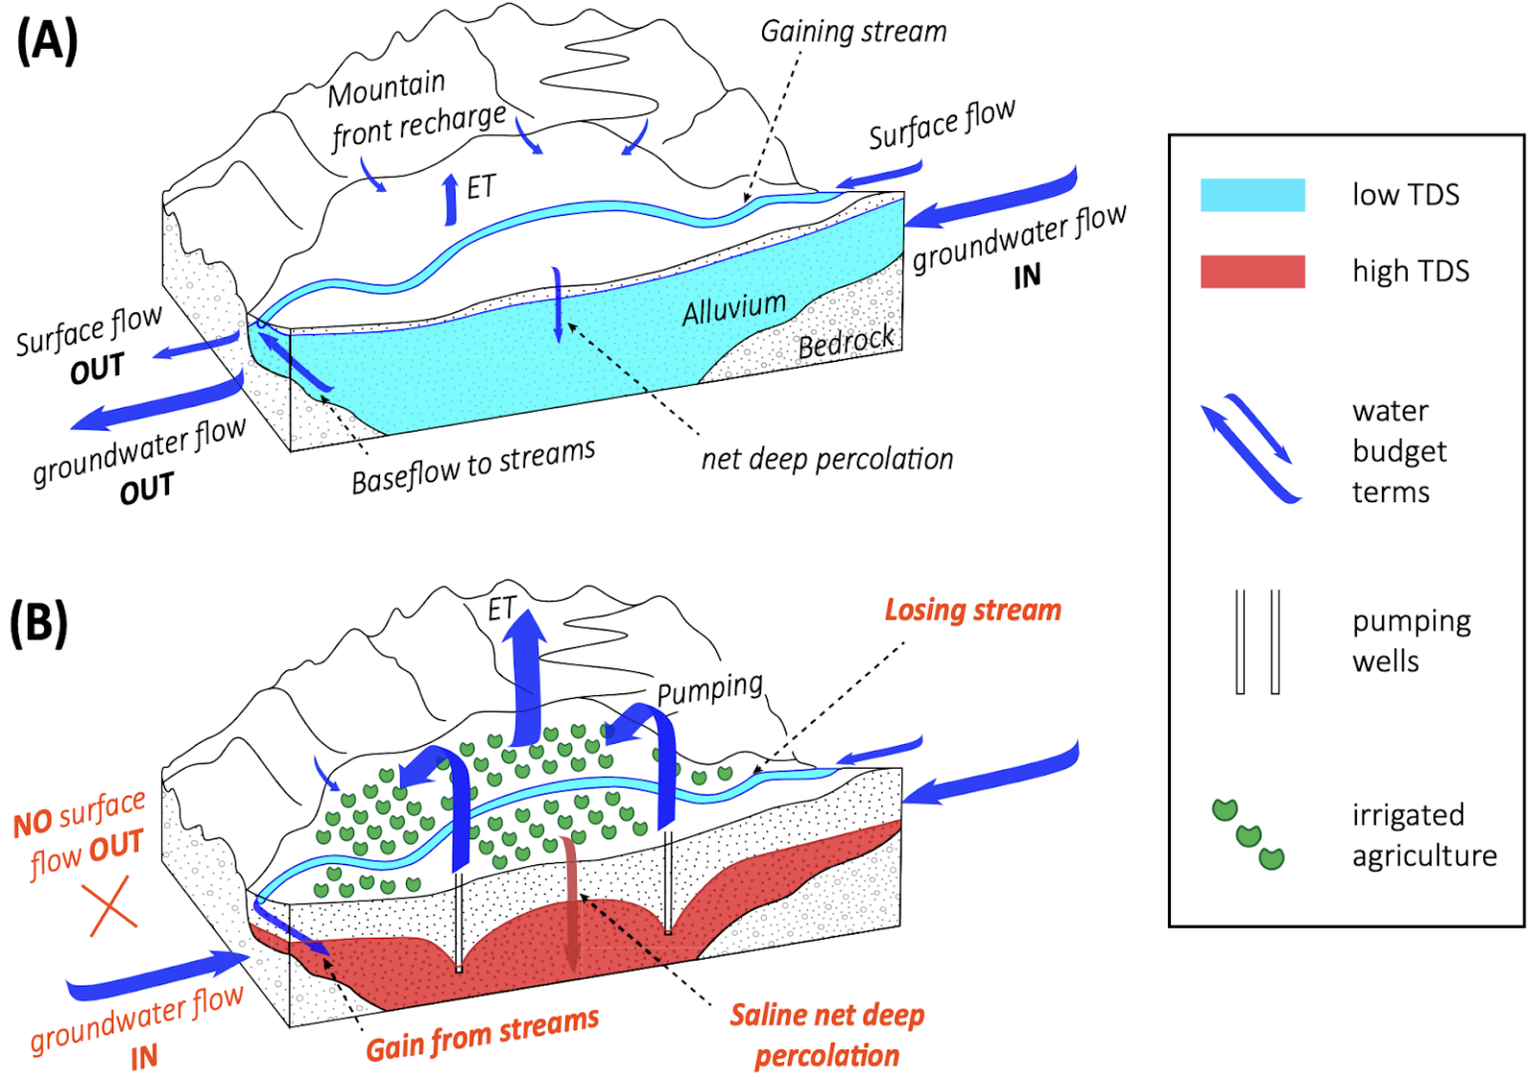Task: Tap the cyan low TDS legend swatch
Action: tap(1252, 195)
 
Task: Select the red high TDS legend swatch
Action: tap(1252, 271)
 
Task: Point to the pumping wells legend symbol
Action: tap(1257, 641)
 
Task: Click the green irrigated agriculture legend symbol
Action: tap(1247, 834)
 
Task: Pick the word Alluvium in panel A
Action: tap(733, 309)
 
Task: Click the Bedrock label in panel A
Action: tap(846, 344)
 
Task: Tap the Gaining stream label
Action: tap(854, 32)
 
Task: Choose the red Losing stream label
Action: tap(972, 610)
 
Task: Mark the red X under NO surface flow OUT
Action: tap(111, 906)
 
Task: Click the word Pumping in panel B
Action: tap(709, 689)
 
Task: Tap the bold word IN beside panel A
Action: tap(1027, 276)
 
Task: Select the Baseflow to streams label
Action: tap(473, 466)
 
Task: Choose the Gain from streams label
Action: tap(482, 1034)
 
